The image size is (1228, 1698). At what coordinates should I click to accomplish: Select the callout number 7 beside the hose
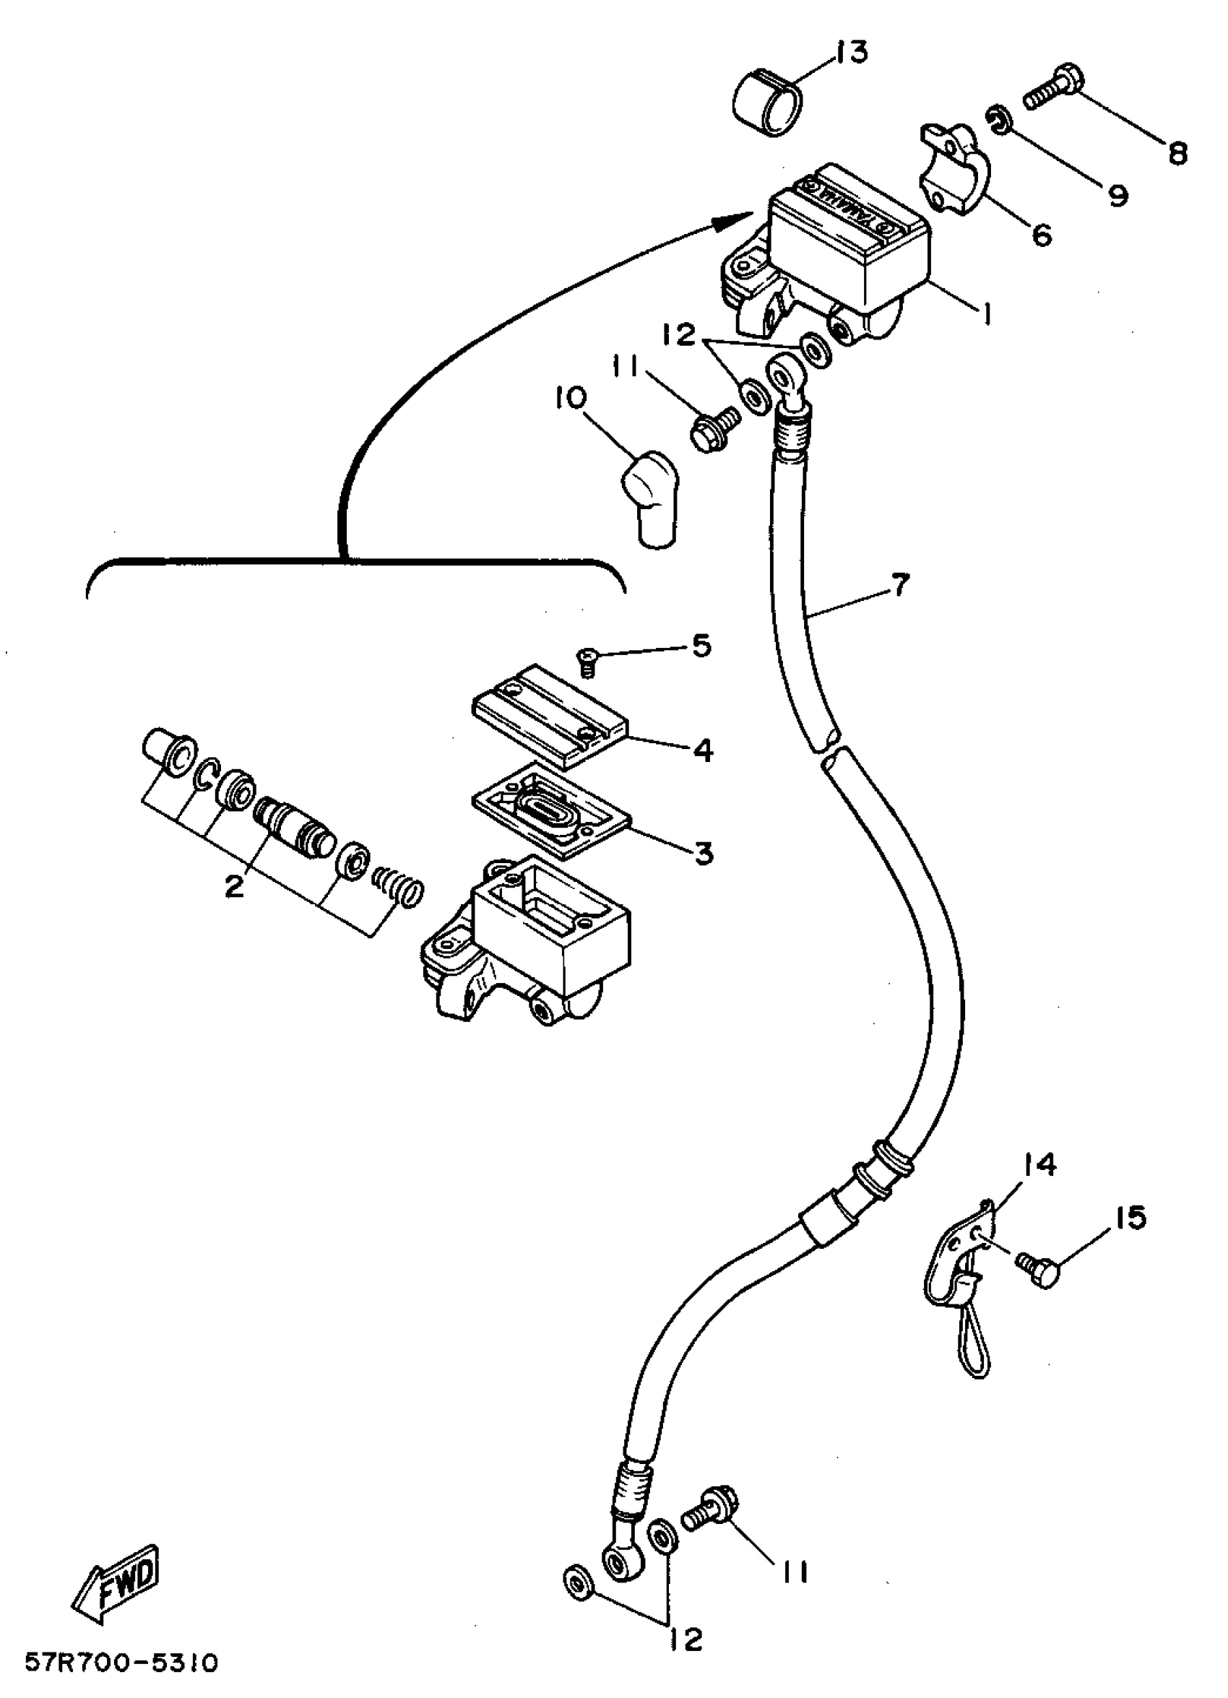click(x=899, y=585)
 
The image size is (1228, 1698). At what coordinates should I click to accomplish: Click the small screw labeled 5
click(x=587, y=661)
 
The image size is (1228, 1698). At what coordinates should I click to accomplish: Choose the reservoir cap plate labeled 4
click(x=550, y=715)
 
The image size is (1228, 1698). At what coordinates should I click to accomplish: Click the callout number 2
click(x=234, y=888)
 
